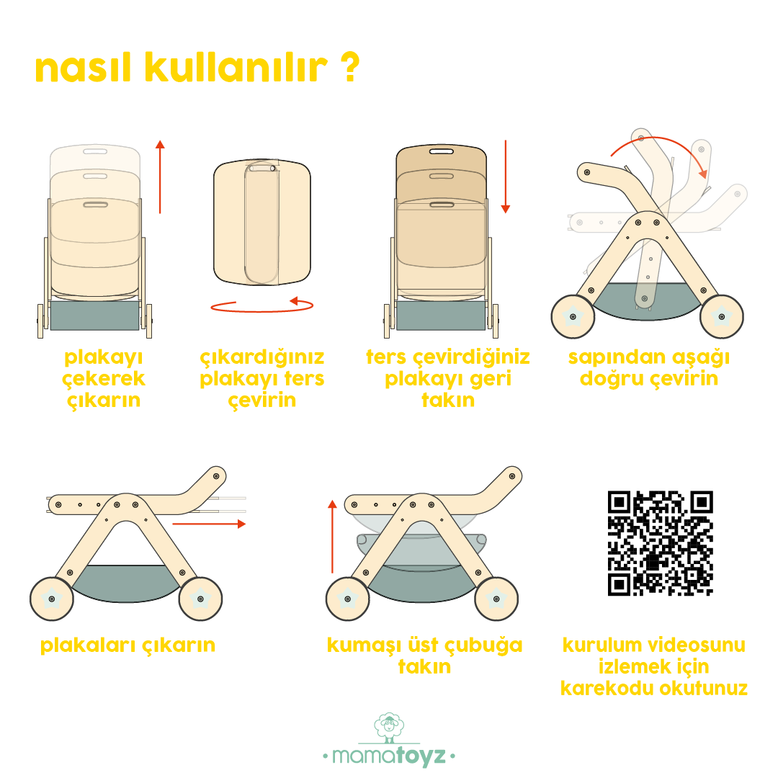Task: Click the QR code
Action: point(661,543)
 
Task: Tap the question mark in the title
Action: point(350,67)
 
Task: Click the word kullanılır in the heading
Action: point(236,67)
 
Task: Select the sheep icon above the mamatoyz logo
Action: point(389,727)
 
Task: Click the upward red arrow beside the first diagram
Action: point(160,176)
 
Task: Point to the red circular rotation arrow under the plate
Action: point(262,305)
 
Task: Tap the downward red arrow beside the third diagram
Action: point(506,176)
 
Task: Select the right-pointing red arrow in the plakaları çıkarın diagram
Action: point(209,524)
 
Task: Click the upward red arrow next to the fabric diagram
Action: point(332,537)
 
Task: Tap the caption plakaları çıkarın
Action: point(128,645)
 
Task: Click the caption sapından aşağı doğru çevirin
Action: point(649,367)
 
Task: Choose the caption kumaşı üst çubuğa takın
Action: point(425,656)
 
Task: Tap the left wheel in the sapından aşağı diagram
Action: point(573,316)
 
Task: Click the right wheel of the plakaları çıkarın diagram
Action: point(200,599)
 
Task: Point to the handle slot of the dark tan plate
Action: point(441,151)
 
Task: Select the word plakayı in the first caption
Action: point(104,357)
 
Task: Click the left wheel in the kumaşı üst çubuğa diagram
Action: point(348,599)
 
